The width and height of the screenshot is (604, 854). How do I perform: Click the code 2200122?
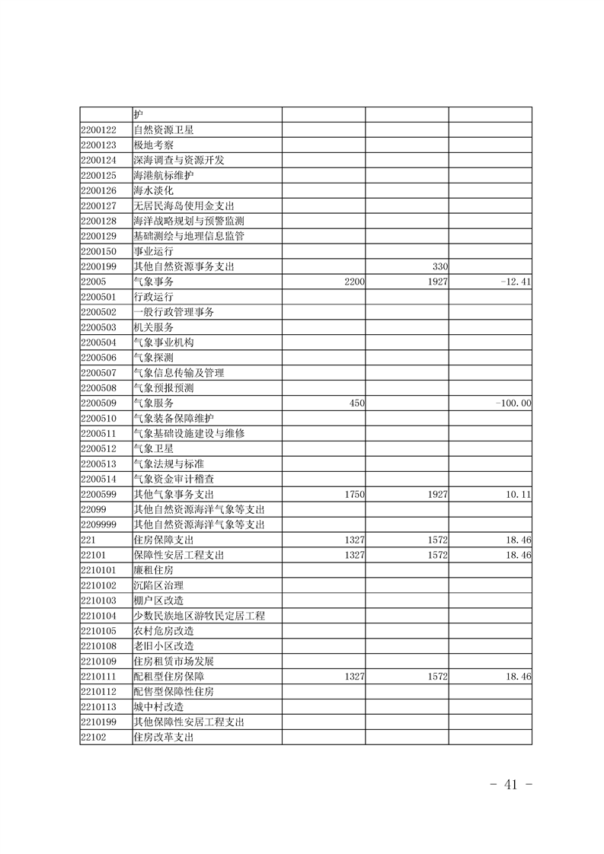tap(98, 129)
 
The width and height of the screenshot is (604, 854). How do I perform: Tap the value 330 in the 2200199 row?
tap(439, 266)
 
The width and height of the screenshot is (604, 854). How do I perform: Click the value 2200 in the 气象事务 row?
tap(355, 282)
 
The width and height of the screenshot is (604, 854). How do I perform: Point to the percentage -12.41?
tap(516, 282)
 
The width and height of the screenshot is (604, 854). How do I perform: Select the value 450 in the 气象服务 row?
tap(357, 403)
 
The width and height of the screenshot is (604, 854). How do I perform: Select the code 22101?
tap(92, 555)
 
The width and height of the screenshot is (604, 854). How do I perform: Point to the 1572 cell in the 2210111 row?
tap(437, 676)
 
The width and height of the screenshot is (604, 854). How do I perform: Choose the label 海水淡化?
tap(153, 190)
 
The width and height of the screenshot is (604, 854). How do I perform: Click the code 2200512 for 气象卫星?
tap(98, 448)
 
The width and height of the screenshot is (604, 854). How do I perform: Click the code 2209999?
tap(98, 524)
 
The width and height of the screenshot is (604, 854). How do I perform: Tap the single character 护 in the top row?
tap(138, 114)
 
